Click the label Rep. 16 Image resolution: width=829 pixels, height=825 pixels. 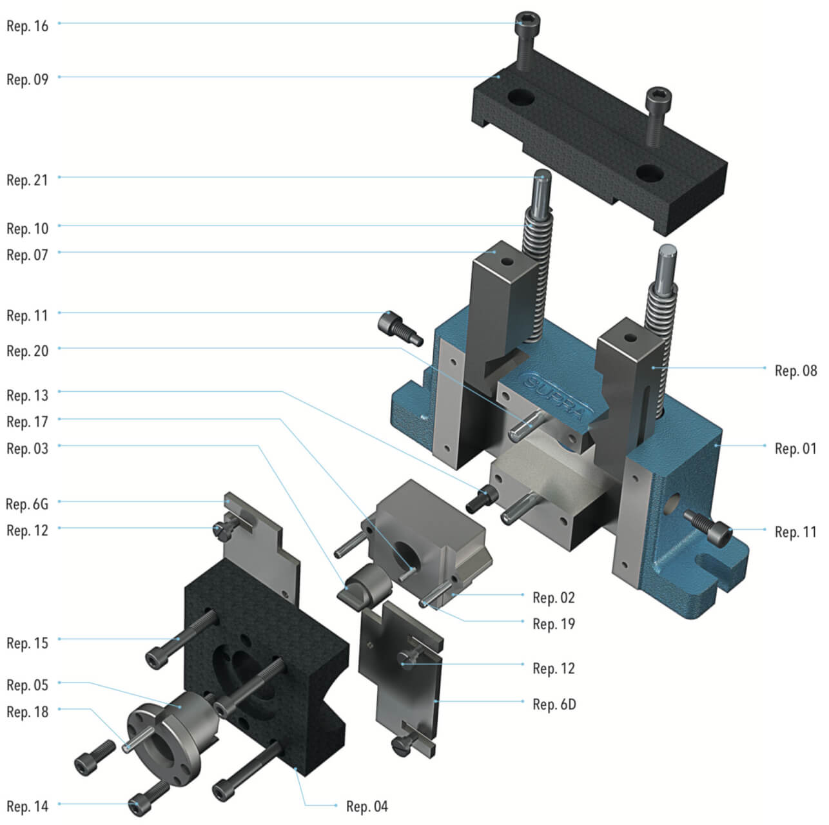(27, 26)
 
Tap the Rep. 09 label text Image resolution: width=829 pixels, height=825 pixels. (27, 80)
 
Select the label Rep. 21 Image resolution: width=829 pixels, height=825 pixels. (27, 180)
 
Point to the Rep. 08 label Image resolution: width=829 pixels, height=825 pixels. (795, 371)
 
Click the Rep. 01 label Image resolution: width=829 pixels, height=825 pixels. (795, 449)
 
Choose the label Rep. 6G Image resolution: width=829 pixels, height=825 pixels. (27, 504)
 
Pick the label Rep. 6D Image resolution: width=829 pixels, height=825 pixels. (554, 704)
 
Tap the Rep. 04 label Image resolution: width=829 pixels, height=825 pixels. (367, 806)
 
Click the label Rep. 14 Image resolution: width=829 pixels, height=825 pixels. (27, 806)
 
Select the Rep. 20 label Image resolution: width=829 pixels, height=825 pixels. (27, 351)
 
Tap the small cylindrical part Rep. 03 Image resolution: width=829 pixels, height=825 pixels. (366, 583)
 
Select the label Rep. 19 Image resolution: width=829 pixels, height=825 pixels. (554, 624)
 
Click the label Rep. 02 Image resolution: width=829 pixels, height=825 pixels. (553, 597)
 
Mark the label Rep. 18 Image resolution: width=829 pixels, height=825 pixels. (27, 712)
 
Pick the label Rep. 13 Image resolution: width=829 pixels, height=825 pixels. (27, 395)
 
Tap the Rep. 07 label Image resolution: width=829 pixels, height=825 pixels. (27, 255)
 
